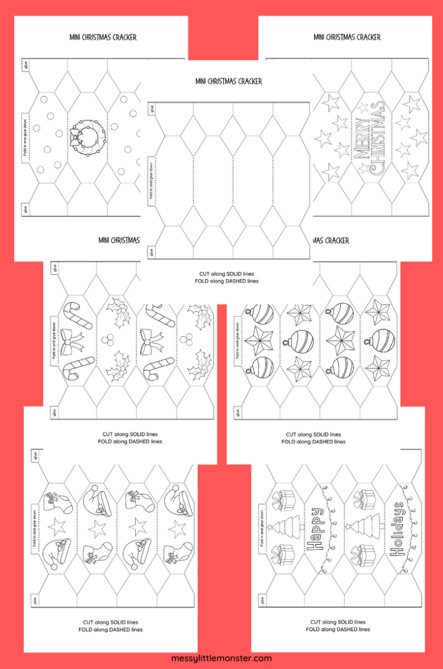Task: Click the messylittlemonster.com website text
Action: (x=221, y=659)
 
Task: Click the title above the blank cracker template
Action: (x=228, y=81)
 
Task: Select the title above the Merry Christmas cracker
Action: (x=347, y=37)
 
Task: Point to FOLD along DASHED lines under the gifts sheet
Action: (x=338, y=629)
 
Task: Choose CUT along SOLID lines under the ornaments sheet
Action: (x=314, y=434)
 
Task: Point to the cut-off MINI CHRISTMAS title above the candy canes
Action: (x=118, y=241)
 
